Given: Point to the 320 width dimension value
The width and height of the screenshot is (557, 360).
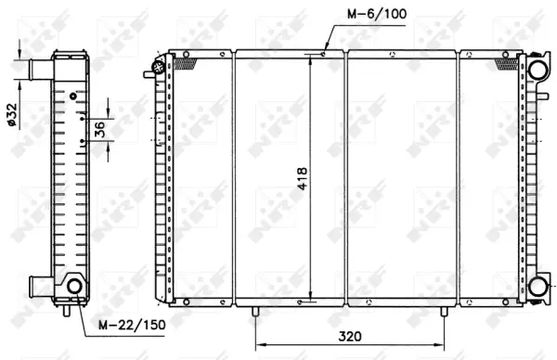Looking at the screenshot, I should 350,338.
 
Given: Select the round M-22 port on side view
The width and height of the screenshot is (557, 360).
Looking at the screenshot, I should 75,287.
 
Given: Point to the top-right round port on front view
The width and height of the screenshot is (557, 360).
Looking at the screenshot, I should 537,69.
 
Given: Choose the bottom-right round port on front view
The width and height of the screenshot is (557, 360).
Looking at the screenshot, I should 537,286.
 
